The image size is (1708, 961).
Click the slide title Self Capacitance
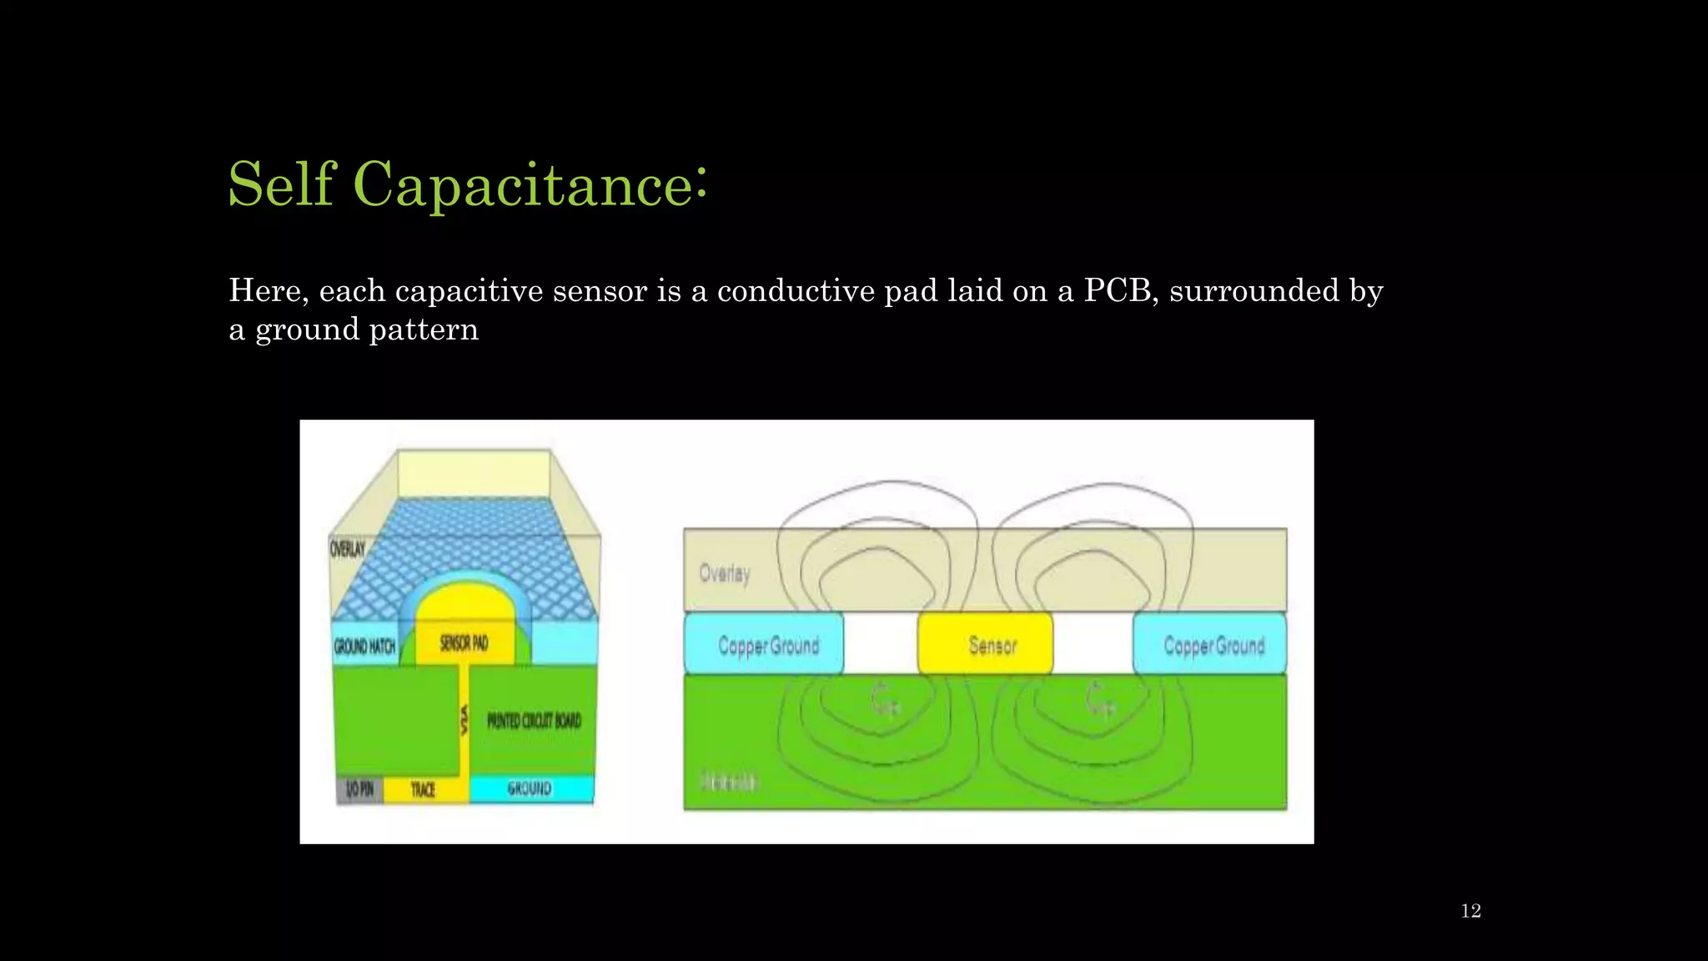(x=467, y=184)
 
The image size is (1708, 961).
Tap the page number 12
(x=1470, y=911)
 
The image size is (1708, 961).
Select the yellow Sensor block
(x=985, y=644)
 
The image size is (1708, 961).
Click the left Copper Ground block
(x=764, y=644)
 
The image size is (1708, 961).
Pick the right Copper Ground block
(x=1210, y=644)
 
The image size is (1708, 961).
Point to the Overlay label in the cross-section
(x=724, y=573)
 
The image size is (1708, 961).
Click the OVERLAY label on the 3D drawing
(x=348, y=549)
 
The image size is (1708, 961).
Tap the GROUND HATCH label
(x=364, y=646)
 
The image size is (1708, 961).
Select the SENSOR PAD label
(x=464, y=643)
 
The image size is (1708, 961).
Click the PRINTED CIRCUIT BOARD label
(x=534, y=720)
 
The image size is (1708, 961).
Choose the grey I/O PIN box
(x=359, y=789)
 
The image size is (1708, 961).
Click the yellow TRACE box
(x=424, y=789)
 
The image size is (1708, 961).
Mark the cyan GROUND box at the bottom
(x=530, y=788)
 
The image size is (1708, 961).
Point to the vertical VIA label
(x=465, y=720)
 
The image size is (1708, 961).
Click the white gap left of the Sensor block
(x=880, y=644)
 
